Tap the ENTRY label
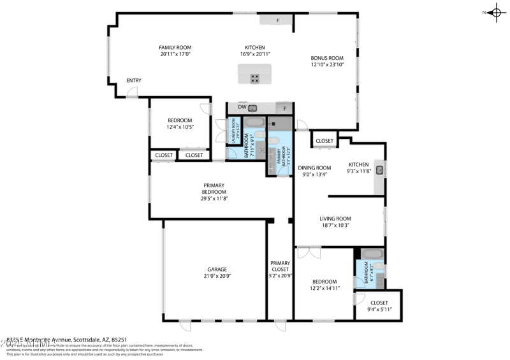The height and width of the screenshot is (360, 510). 133,80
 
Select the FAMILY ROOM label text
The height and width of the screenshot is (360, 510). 175,47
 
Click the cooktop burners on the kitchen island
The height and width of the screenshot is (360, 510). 255,79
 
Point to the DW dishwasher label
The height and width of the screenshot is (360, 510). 242,107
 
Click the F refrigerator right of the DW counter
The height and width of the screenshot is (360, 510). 285,108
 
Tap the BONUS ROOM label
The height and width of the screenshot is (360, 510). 327,57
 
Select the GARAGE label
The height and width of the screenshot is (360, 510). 217,269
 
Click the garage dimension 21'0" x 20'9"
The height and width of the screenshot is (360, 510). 217,277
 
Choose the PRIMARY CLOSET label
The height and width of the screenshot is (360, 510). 280,266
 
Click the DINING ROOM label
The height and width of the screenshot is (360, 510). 315,168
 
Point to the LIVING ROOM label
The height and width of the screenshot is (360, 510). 335,219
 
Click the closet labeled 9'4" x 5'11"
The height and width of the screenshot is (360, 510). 379,306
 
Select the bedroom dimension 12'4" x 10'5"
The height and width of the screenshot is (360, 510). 180,127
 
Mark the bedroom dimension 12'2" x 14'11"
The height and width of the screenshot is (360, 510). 325,288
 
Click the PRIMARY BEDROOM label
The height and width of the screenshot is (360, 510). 214,189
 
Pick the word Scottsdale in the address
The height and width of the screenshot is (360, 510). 81,340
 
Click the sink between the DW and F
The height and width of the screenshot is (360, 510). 252,108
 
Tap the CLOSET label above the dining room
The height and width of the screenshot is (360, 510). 324,141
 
